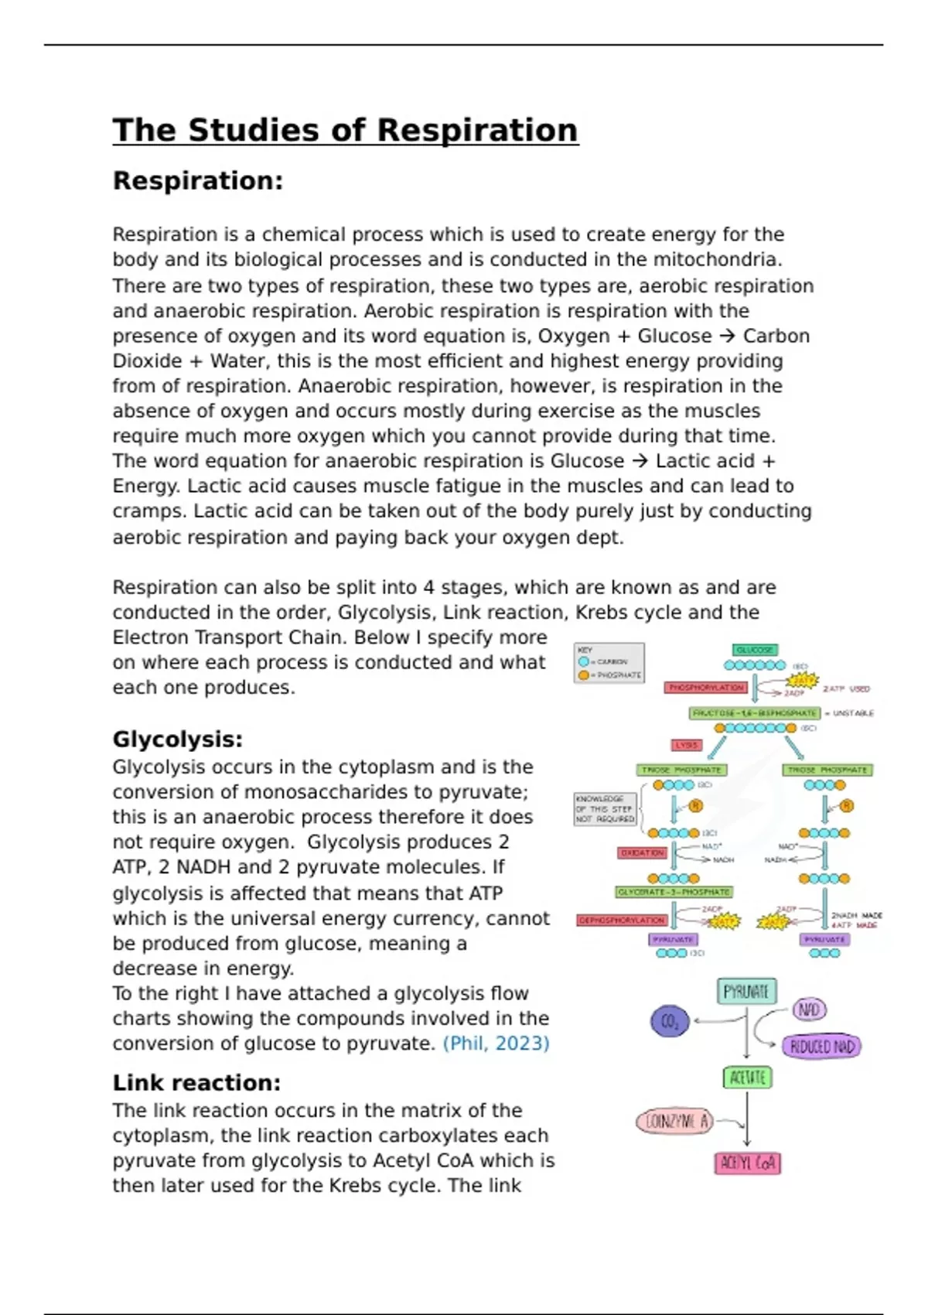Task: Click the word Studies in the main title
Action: (253, 130)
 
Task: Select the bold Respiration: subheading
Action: (198, 181)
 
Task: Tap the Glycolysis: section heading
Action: (177, 739)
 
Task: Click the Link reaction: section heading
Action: (196, 1083)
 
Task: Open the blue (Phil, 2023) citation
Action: (496, 1043)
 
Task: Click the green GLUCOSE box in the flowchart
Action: (755, 651)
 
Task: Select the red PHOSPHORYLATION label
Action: (705, 688)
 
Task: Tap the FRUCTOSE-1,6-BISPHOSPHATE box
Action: (754, 713)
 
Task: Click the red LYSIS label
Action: (686, 745)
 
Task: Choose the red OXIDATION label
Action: (642, 852)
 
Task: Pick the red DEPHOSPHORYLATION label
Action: (622, 920)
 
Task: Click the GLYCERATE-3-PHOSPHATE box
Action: (674, 892)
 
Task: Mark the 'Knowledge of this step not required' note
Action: (605, 809)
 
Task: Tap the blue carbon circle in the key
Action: (584, 662)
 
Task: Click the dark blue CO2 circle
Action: (670, 1022)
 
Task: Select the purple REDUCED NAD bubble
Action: (822, 1047)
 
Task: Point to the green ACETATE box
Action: (747, 1078)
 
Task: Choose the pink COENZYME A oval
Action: (674, 1122)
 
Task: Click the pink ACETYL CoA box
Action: (747, 1163)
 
